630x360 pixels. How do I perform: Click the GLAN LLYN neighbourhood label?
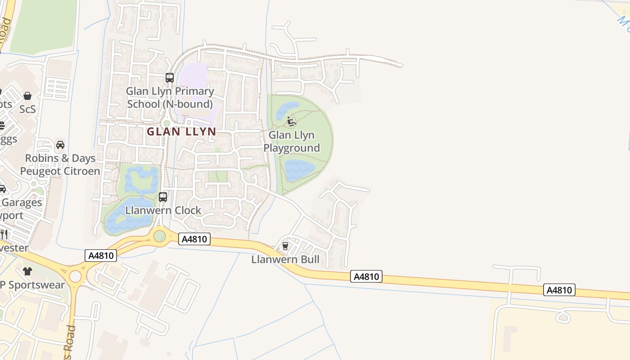tap(181, 132)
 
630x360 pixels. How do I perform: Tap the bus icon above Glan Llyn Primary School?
tap(170, 78)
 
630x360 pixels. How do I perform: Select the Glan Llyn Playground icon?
tap(292, 121)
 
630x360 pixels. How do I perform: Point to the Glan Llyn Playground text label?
tap(292, 142)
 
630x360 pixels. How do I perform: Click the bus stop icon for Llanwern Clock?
tap(163, 197)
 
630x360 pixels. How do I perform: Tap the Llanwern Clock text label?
tap(163, 211)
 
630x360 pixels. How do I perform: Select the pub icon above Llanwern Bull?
tap(285, 246)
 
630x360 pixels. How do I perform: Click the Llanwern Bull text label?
tap(285, 260)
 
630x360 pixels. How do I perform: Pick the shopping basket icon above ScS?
tap(27, 96)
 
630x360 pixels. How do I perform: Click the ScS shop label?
tap(27, 109)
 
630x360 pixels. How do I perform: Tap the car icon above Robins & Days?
tap(60, 145)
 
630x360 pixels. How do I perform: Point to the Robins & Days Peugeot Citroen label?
tap(60, 165)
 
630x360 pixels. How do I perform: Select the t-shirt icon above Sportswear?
tap(27, 271)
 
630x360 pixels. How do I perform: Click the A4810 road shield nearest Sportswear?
tap(101, 256)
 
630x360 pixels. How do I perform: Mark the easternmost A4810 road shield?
tap(559, 290)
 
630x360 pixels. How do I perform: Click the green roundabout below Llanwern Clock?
tap(159, 235)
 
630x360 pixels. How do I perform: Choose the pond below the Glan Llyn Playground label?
tap(299, 170)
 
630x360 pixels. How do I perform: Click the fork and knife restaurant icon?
tap(4, 234)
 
